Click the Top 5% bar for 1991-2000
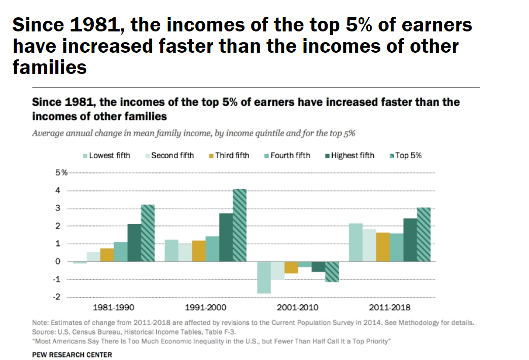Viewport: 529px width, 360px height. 239,225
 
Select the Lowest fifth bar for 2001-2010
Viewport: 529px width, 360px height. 264,277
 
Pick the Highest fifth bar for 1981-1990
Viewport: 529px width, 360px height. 134,242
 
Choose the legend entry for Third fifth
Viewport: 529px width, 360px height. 229,155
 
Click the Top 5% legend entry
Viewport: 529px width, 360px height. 405,155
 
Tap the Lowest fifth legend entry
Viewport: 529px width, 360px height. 106,155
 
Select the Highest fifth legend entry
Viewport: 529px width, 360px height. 349,155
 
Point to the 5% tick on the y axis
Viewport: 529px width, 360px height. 61,173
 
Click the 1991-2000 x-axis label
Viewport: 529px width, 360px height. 205,307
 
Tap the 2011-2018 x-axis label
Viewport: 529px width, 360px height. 390,307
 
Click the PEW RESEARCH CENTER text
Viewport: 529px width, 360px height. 72,354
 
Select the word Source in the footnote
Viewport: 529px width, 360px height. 42,332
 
